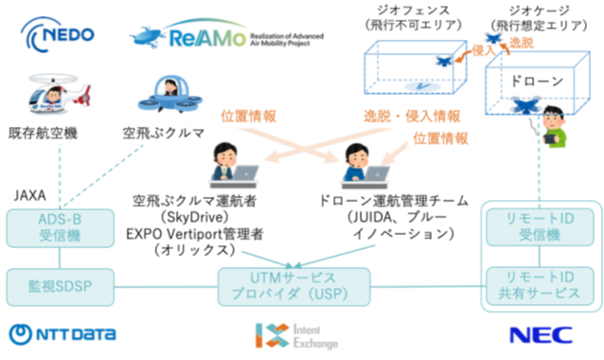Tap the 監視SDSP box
(59, 282)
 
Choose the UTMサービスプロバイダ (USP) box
(292, 281)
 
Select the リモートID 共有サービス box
(540, 283)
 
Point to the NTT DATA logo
(62, 333)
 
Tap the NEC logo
(541, 334)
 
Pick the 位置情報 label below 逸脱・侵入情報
(440, 138)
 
